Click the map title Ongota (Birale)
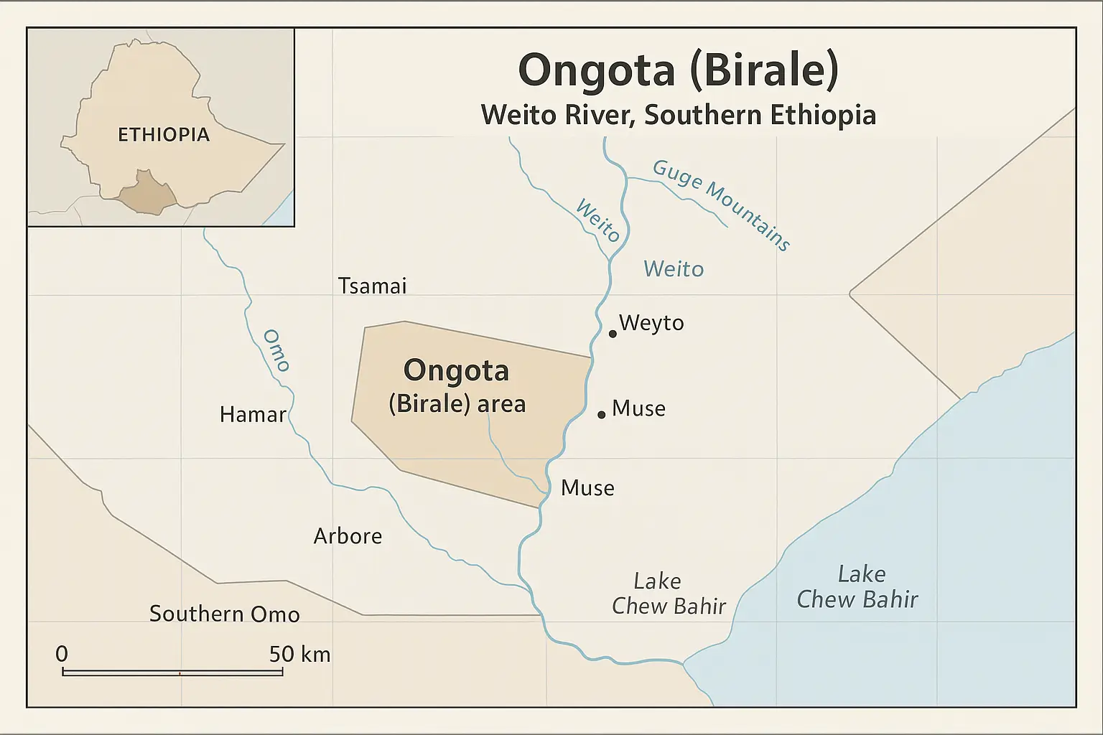click(678, 71)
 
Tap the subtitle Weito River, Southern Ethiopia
click(678, 115)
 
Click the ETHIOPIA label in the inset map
click(164, 135)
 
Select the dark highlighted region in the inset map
click(146, 194)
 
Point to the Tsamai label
click(372, 286)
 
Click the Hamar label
click(253, 414)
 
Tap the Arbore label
click(348, 536)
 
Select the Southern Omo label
click(224, 614)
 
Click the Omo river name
click(276, 350)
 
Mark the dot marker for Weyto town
click(613, 334)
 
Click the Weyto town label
click(651, 323)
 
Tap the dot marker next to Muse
click(602, 415)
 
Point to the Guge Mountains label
click(721, 205)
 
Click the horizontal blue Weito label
click(674, 269)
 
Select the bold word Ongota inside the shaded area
click(456, 370)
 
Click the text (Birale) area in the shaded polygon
click(457, 404)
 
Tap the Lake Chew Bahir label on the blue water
click(857, 586)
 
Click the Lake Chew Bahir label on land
click(668, 594)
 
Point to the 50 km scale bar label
click(299, 654)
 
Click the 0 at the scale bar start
click(62, 654)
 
